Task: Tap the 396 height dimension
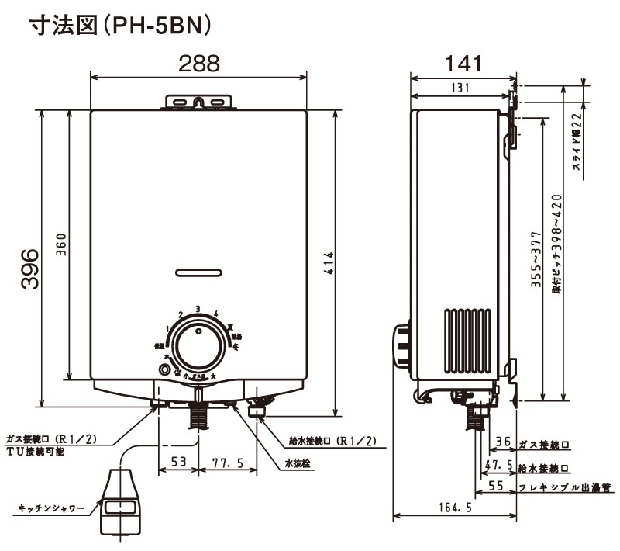(x=29, y=269)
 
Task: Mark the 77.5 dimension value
(x=228, y=463)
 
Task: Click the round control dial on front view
(x=198, y=341)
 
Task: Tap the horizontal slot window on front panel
(x=198, y=272)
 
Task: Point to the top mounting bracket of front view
(x=198, y=102)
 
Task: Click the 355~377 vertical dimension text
(x=536, y=261)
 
